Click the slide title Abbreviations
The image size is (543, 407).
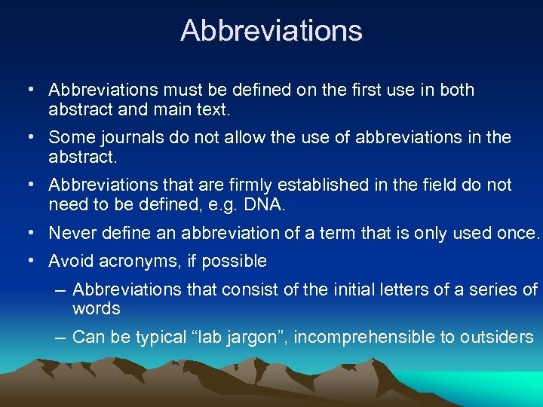click(271, 31)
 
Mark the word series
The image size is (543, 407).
click(495, 289)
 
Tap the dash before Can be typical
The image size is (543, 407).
click(60, 338)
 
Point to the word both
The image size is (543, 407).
click(457, 90)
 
